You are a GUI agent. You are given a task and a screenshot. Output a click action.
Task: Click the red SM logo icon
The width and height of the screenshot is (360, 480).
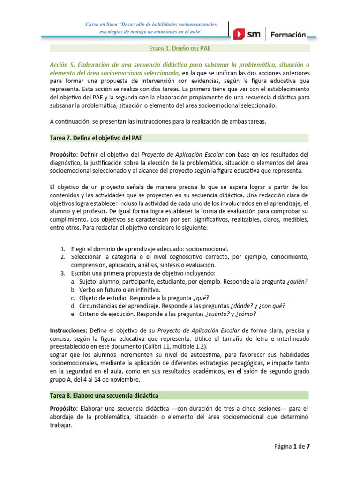coord(240,34)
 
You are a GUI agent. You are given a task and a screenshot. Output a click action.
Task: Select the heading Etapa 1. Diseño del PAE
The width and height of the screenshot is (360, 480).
coord(180,48)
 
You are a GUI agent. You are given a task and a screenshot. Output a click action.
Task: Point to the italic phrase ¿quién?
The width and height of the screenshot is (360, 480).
coord(297,282)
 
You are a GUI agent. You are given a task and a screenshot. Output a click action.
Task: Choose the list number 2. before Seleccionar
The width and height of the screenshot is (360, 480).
coord(63,257)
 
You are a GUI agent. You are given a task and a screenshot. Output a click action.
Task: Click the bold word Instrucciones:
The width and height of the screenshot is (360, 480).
coord(68,330)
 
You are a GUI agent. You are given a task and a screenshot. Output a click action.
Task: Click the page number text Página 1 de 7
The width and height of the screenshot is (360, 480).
coord(292,446)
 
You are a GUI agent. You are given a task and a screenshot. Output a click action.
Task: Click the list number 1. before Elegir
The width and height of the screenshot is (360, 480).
coord(63,249)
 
